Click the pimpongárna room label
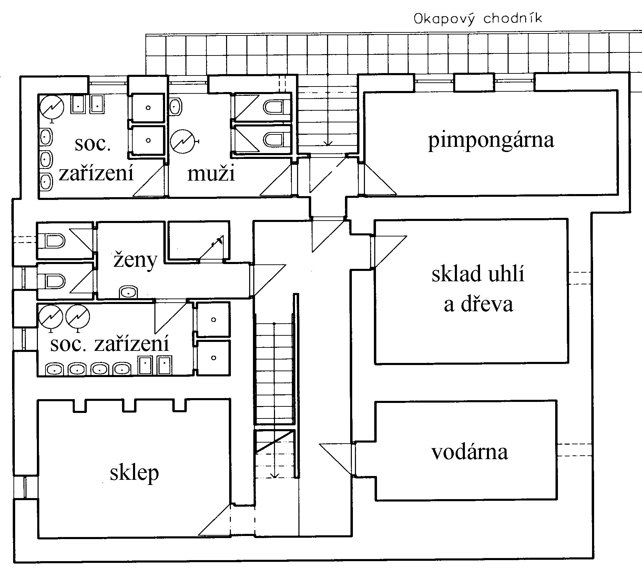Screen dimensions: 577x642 (x=491, y=141)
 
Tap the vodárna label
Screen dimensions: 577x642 (x=469, y=452)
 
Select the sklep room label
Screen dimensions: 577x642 (x=134, y=473)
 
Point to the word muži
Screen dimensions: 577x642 (x=211, y=173)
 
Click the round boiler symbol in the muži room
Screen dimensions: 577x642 (x=182, y=141)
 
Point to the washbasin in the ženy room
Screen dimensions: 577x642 (x=129, y=292)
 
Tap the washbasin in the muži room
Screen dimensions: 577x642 (x=175, y=107)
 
